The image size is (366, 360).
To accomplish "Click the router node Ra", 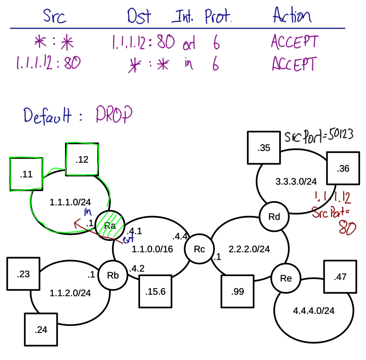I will [110, 225].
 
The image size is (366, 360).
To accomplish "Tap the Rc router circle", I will [199, 249].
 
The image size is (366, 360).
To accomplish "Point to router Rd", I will [274, 217].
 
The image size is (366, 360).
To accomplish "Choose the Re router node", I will [286, 279].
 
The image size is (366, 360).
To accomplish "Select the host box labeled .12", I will [82, 160].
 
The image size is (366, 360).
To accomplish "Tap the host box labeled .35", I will [264, 148].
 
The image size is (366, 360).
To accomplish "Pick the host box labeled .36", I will [343, 169].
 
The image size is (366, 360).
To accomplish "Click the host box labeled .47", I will [340, 276].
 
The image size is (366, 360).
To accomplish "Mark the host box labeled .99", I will [238, 292].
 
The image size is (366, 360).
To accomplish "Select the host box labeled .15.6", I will [155, 292].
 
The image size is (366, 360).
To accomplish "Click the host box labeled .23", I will [23, 275].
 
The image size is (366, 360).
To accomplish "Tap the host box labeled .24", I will [41, 330].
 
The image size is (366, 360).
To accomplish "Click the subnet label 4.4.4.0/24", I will [314, 311].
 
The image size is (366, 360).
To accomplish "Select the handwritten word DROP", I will [114, 115].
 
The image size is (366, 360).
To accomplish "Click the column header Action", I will [292, 16].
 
